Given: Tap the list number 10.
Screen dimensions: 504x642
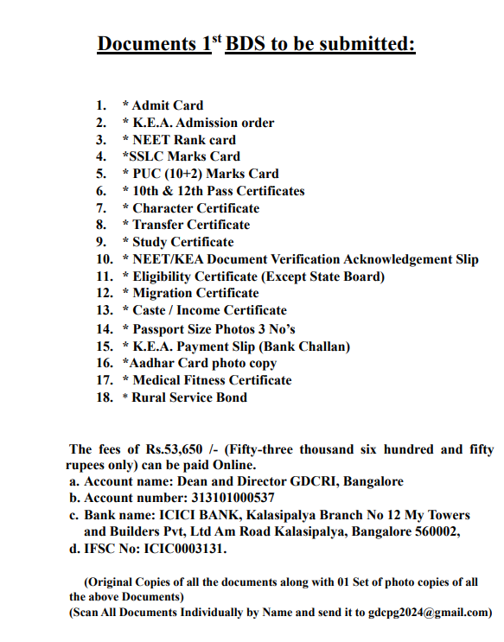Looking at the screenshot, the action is [x=105, y=259].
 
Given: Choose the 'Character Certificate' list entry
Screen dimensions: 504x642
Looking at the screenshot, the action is [x=195, y=208].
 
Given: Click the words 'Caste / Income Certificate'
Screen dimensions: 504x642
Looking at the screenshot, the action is [x=209, y=310].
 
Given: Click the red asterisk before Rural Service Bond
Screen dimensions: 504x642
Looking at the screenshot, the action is [x=125, y=398].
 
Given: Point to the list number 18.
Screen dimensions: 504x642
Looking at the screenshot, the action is [x=105, y=397].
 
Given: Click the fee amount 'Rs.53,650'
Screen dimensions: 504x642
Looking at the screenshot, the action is [x=177, y=449].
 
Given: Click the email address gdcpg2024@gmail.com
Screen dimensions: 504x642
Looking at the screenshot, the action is [x=426, y=613].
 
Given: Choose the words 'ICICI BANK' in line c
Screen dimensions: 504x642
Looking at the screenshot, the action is [x=182, y=515].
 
